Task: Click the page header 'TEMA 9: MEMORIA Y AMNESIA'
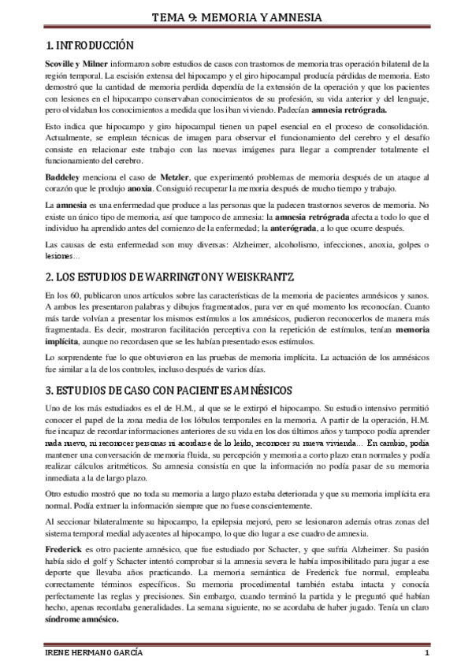tap(236, 10)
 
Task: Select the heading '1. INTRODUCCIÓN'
tap(86, 45)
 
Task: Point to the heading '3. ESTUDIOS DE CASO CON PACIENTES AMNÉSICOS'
tap(169, 390)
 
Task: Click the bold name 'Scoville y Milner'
tap(74, 62)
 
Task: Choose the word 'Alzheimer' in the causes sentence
tap(232, 245)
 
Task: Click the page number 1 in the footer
tap(426, 655)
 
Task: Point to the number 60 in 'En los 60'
tap(81, 295)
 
